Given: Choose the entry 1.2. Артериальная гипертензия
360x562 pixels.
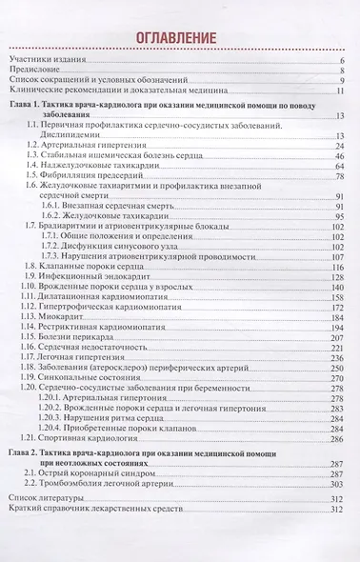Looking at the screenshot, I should coord(86,146).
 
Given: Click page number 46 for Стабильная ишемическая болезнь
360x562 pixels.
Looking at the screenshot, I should coord(339,156).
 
